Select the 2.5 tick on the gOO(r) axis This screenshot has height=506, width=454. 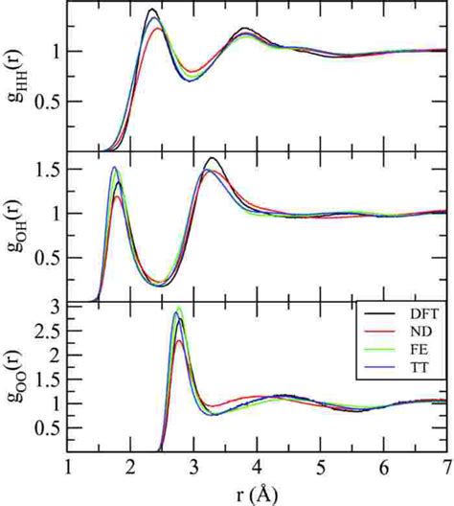pyautogui.click(x=47, y=331)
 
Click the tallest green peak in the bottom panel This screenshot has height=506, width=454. pyautogui.click(x=177, y=309)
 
